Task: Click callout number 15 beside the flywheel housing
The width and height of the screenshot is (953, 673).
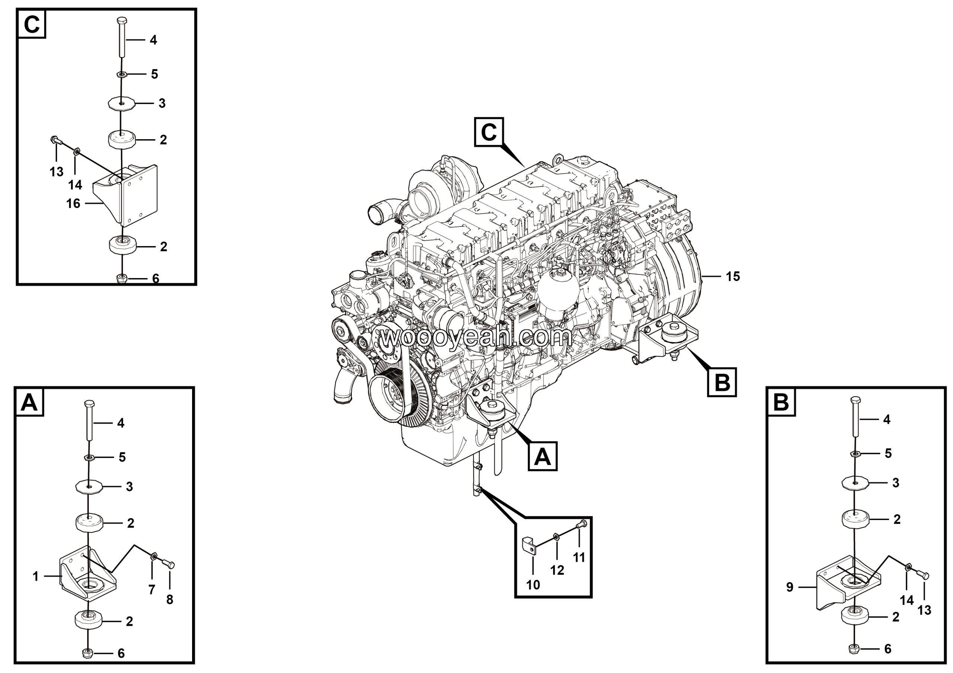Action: [x=733, y=276]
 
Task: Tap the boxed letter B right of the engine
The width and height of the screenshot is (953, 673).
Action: [x=722, y=382]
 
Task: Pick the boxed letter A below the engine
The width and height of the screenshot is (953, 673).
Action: [x=542, y=456]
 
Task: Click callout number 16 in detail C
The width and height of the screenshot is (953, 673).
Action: [x=73, y=204]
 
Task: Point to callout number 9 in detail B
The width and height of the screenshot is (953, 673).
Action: [x=790, y=587]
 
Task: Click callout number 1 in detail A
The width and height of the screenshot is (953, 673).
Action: [x=36, y=576]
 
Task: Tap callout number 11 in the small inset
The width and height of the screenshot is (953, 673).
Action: [x=579, y=557]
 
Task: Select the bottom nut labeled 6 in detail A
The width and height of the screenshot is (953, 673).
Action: [x=87, y=653]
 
